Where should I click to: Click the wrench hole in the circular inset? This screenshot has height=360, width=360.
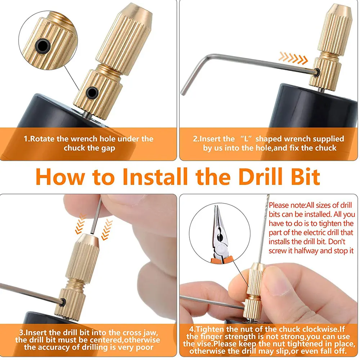[x=43, y=45]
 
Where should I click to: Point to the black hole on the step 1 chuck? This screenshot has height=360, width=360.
[x=92, y=93]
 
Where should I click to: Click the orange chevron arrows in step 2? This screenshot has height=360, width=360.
[x=293, y=58]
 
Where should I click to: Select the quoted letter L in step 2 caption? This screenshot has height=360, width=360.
[x=246, y=139]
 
